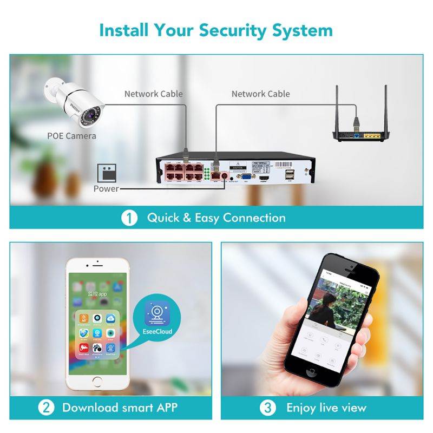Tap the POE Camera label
coord(71,135)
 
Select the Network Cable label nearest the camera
coord(154,94)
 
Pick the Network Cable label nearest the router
coord(261,94)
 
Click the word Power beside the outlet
coord(106,188)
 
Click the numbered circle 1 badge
coord(129,218)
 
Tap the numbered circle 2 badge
coord(45,408)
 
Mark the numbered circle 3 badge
coord(268,408)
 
